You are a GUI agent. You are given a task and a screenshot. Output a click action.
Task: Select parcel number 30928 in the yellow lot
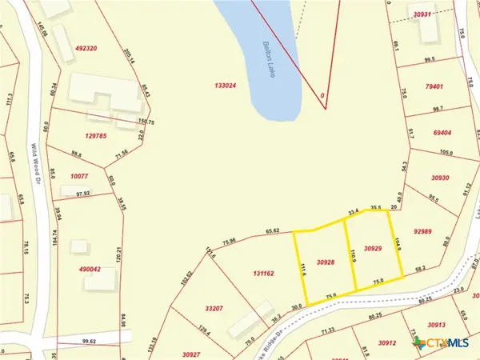coord(325,262)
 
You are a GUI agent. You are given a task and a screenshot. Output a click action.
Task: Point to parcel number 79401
coord(434,86)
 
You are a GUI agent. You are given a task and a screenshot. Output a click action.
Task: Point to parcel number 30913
coord(436,326)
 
